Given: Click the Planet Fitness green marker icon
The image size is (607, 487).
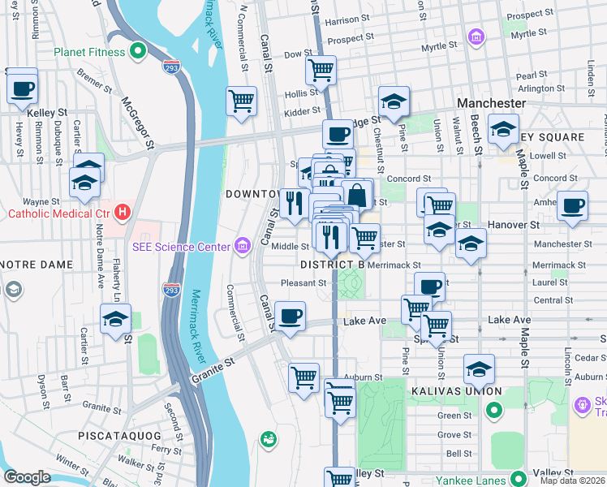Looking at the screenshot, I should click(x=138, y=52).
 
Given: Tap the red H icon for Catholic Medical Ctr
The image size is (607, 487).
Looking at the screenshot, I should click(x=123, y=213).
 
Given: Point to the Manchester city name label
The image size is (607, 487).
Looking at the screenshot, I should click(x=491, y=104).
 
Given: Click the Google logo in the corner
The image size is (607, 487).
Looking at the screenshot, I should click(x=27, y=477).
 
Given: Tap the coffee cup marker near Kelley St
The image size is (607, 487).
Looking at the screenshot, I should click(x=23, y=88).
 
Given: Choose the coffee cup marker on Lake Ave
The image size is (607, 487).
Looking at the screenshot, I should click(x=290, y=317).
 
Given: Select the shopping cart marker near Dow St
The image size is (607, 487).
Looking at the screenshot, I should click(x=321, y=70).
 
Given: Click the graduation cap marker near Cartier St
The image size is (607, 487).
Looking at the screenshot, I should click(x=116, y=320).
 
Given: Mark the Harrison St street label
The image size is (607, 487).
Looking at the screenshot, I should click(x=347, y=19).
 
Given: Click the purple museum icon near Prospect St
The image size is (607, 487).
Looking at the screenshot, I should click(x=476, y=37).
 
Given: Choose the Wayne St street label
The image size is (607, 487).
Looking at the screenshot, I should click(x=41, y=200).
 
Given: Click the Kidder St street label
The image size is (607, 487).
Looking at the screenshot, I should click(x=302, y=110).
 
